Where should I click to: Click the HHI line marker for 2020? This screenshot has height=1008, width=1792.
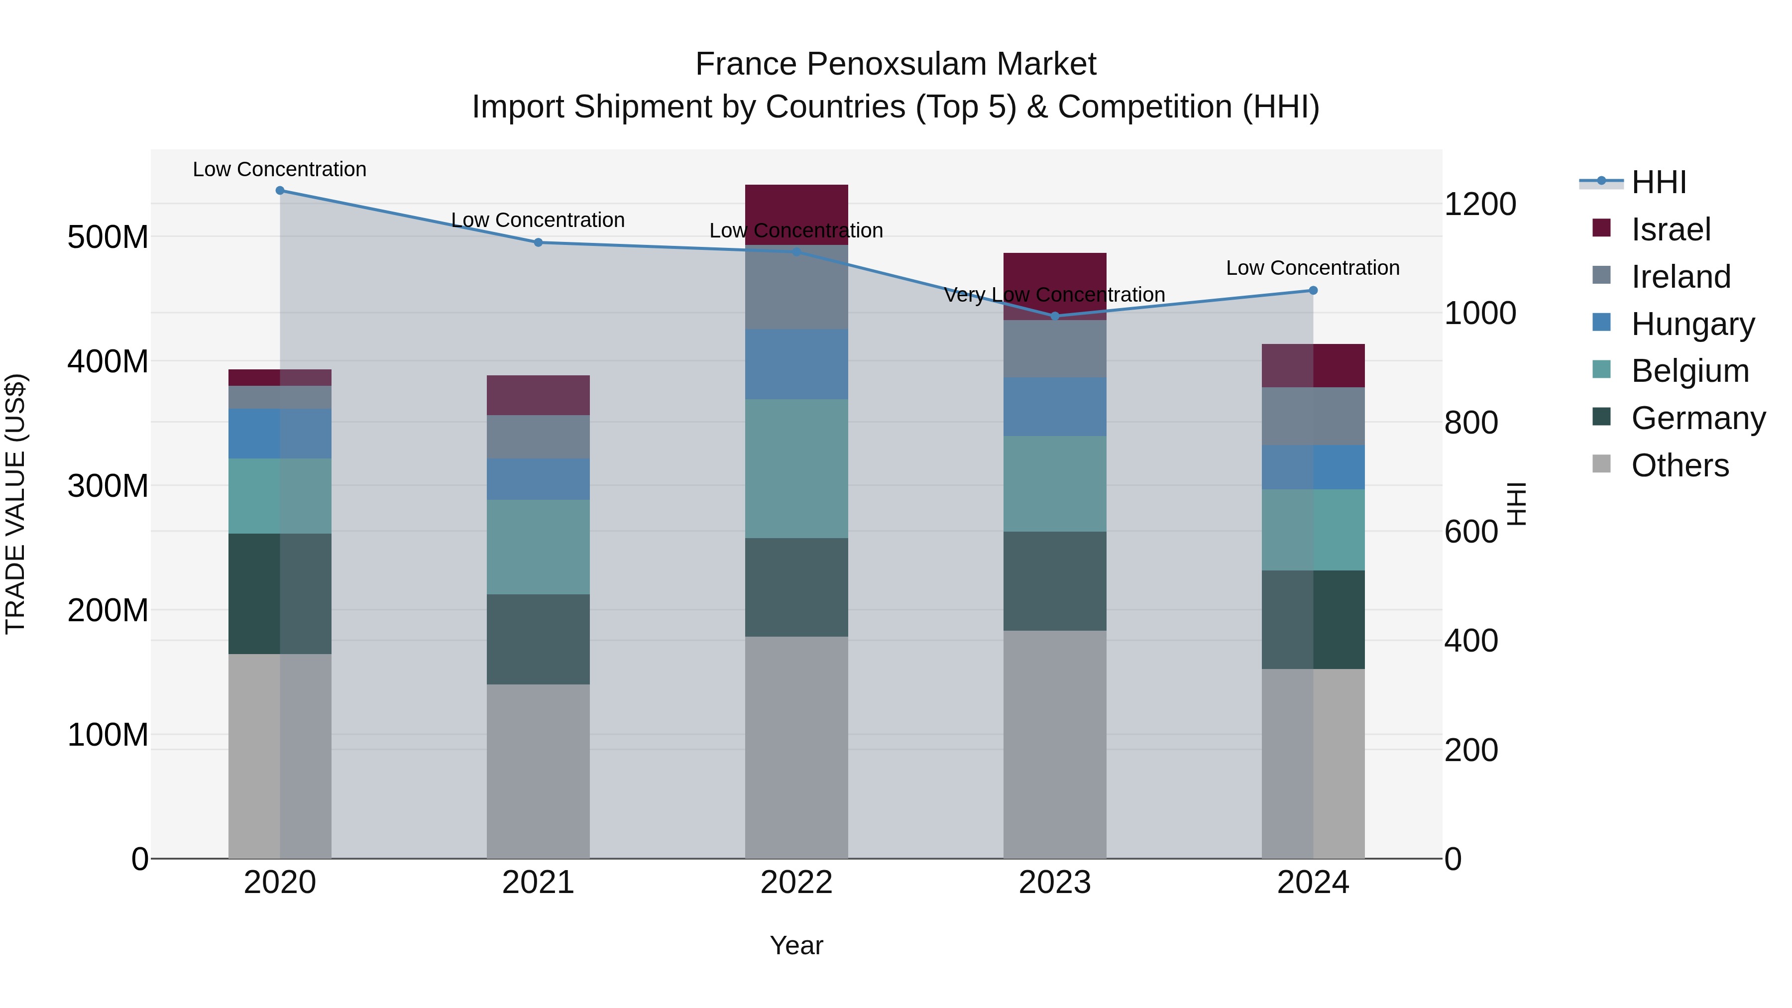280,190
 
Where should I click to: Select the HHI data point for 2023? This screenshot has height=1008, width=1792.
1055,316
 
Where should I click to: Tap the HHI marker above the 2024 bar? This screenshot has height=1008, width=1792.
1313,290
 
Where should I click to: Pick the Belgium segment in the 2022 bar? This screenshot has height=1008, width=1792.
796,468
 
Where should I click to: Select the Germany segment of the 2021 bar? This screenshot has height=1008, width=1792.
538,639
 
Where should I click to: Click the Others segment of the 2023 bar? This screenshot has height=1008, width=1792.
1055,744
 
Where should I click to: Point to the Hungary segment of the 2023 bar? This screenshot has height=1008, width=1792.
1055,407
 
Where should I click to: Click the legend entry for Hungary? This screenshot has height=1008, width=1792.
1692,324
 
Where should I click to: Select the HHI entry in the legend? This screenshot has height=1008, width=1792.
1659,182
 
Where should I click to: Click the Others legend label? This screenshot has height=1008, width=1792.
1680,465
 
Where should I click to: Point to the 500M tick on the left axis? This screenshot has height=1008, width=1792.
108,237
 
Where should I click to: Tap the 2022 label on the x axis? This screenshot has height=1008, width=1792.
796,883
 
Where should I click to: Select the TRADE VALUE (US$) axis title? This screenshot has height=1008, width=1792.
15,504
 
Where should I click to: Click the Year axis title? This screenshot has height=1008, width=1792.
796,945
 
